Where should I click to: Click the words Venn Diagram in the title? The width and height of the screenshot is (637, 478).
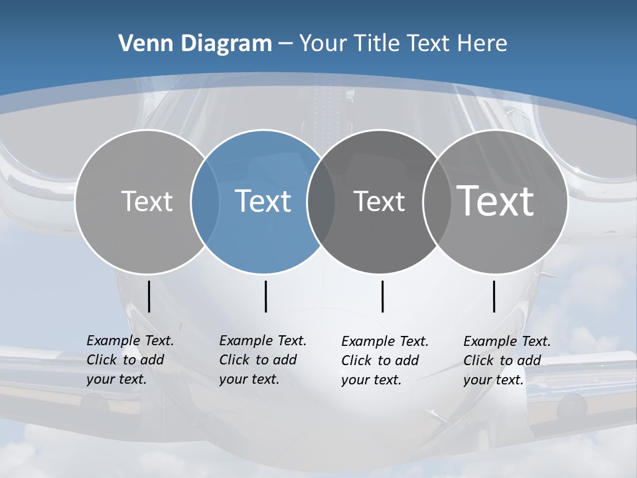[195, 44]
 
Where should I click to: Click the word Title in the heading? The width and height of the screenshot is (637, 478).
[377, 44]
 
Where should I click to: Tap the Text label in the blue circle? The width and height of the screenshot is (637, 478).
[263, 201]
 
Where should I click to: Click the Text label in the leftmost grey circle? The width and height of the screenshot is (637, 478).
[147, 201]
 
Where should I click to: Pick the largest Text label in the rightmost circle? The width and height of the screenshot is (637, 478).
[496, 200]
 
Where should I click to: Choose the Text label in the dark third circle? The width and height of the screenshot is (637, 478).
[379, 201]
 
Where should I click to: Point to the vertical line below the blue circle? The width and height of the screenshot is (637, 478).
[265, 296]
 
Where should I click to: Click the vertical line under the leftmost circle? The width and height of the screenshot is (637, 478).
[149, 296]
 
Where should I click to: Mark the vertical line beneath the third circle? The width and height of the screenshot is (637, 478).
[382, 296]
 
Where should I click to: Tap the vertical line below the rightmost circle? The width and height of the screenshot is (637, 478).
[494, 296]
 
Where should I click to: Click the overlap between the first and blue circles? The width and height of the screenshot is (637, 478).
[206, 201]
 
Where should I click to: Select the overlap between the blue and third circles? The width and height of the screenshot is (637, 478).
[321, 201]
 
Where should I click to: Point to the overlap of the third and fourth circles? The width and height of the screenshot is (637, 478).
[434, 201]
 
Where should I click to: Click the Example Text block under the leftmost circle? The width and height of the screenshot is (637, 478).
[129, 360]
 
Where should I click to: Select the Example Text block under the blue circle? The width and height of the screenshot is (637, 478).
[262, 360]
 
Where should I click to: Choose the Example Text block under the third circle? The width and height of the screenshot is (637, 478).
[384, 360]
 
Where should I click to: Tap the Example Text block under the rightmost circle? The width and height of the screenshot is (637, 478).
[506, 360]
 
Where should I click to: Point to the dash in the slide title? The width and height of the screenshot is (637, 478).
[285, 44]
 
